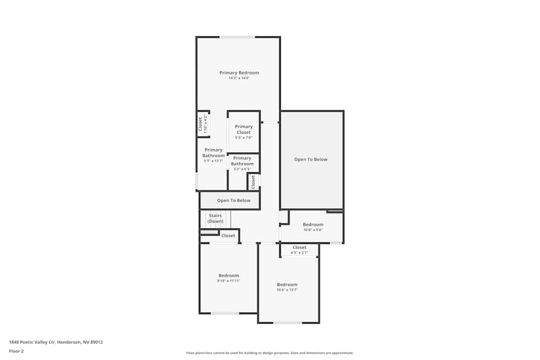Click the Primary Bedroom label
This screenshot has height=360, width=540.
(239, 72)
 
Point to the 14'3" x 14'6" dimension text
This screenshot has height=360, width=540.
(239, 78)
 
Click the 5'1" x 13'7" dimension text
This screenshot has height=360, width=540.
(213, 161)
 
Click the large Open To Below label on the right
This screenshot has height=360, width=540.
(310, 159)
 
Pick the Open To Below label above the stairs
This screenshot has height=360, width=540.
(234, 200)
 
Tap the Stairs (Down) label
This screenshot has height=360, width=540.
(215, 218)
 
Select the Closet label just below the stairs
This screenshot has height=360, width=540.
(228, 235)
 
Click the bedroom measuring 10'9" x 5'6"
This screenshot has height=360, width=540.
(313, 225)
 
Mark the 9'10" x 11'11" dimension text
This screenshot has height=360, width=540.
(228, 281)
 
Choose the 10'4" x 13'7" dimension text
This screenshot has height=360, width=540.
(287, 290)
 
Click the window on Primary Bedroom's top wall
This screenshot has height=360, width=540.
(237, 37)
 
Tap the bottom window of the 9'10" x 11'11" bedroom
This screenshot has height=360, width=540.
(225, 313)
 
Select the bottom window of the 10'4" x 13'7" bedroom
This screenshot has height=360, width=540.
(287, 323)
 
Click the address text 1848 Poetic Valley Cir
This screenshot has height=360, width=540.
(56, 342)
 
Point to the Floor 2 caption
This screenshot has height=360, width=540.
(16, 351)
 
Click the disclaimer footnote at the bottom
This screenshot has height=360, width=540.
(269, 352)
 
